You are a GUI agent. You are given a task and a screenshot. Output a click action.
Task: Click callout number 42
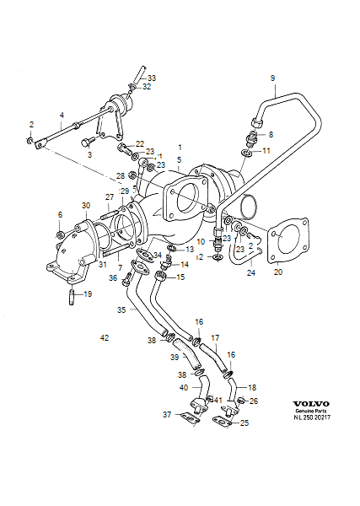tap(105, 338)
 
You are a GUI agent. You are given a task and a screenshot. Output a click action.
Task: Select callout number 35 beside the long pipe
tap(121, 310)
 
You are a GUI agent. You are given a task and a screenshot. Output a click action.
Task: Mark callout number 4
tap(61, 115)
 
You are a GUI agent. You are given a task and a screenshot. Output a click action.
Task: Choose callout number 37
tap(167, 414)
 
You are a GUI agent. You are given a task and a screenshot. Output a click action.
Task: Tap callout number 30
tap(85, 206)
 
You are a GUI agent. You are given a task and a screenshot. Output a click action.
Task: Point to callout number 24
tap(250, 273)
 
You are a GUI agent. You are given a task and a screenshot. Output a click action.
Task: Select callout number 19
tap(89, 294)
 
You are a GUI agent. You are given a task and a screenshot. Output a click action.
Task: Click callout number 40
tap(184, 387)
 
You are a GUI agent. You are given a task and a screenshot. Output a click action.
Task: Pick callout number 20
tap(278, 273)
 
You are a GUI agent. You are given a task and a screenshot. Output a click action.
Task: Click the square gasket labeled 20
tap(286, 240)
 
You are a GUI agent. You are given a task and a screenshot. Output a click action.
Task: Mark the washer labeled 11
tap(246, 153)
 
